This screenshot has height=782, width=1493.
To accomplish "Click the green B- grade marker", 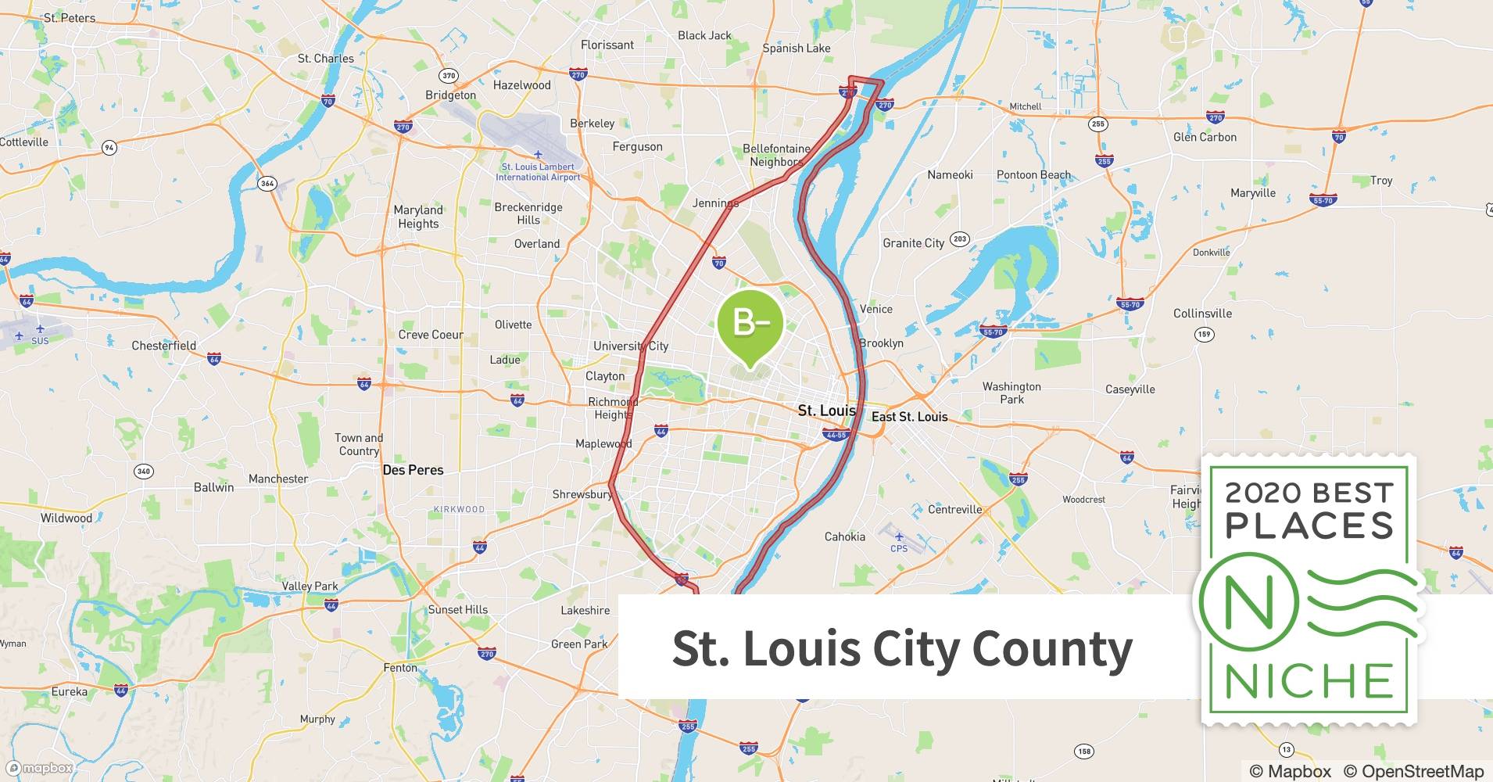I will pos(750,323).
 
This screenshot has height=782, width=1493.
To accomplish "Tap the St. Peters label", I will pos(69,17).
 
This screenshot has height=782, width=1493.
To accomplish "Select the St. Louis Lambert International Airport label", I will pos(538,172).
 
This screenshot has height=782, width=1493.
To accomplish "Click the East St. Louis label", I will pos(909,417).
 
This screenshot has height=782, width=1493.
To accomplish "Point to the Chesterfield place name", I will pos(163,346).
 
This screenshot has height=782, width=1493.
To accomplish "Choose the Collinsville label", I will pos(1202,314).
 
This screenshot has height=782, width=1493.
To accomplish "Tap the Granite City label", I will pos(913,243).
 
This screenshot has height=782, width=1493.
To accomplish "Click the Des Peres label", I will pos(413,470).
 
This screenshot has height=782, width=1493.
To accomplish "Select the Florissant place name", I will pos(607,45).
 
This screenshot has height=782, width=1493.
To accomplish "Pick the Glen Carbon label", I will pos(1205,137).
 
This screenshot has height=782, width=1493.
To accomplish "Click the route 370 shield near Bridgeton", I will pos(448,76).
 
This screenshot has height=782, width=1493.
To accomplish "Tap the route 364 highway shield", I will pos(267,184).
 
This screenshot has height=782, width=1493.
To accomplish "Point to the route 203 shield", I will pos(959,239).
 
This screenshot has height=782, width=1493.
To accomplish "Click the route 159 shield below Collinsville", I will pos(1204,335).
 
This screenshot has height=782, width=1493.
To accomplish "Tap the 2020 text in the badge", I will pos(1262,493).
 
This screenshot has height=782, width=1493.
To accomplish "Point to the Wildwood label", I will pos(66,518).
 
